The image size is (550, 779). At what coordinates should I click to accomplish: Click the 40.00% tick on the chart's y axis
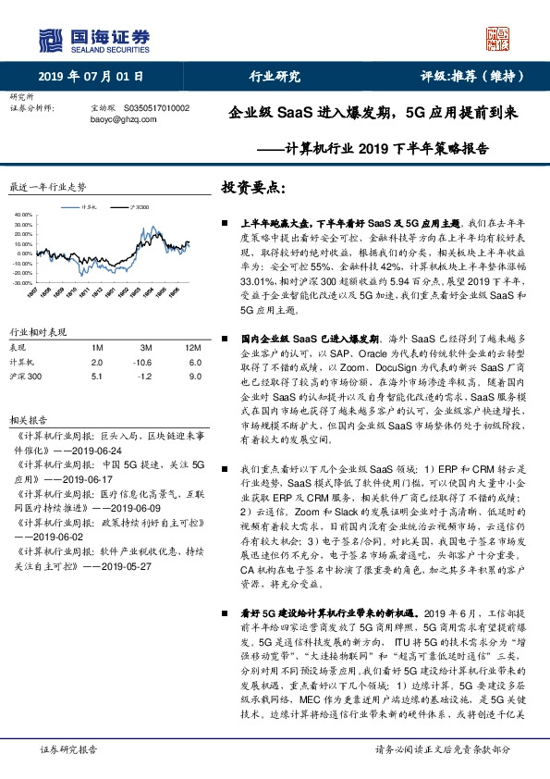coord(23,215)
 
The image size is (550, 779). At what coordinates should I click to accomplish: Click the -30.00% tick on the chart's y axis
coord(23,282)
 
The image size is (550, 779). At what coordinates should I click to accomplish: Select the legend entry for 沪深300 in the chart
coord(139,207)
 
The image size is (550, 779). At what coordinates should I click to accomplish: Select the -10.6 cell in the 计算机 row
coord(141,363)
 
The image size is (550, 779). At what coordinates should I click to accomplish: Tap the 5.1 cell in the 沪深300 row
coord(97,377)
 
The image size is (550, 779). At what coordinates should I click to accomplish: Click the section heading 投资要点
coord(251,188)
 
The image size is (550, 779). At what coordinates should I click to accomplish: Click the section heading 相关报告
coord(24,419)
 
